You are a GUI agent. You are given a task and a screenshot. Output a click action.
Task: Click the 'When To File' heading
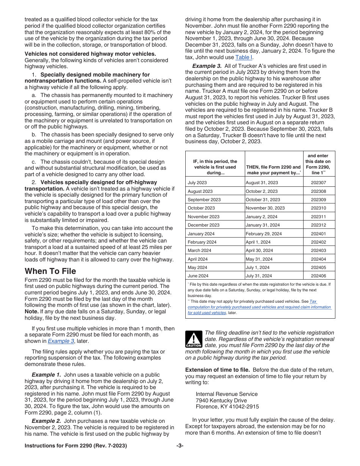pos(50,271)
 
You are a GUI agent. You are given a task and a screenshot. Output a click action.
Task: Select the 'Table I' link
pos(243,57)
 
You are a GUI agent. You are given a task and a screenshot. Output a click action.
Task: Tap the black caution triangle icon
pos(194,339)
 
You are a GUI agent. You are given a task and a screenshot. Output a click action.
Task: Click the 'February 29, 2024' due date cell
pos(263,234)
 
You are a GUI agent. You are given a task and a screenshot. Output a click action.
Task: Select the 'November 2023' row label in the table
pos(203,217)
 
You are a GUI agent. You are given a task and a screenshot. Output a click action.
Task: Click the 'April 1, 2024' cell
pos(258,242)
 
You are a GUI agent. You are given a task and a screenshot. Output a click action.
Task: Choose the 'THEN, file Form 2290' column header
pos(274,170)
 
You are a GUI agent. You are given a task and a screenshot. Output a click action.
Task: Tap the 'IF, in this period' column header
pos(215,167)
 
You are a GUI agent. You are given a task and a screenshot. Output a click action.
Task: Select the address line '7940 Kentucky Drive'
pos(221,400)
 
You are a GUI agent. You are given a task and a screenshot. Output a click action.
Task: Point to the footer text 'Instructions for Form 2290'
pos(76,446)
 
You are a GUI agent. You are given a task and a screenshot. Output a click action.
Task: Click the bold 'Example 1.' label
pos(44,375)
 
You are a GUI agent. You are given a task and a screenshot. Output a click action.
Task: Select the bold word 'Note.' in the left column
pos(31,311)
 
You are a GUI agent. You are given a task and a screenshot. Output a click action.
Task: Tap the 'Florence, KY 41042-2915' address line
pos(227,407)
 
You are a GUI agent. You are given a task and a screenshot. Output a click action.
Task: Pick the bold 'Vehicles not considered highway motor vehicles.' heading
pos(90,54)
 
